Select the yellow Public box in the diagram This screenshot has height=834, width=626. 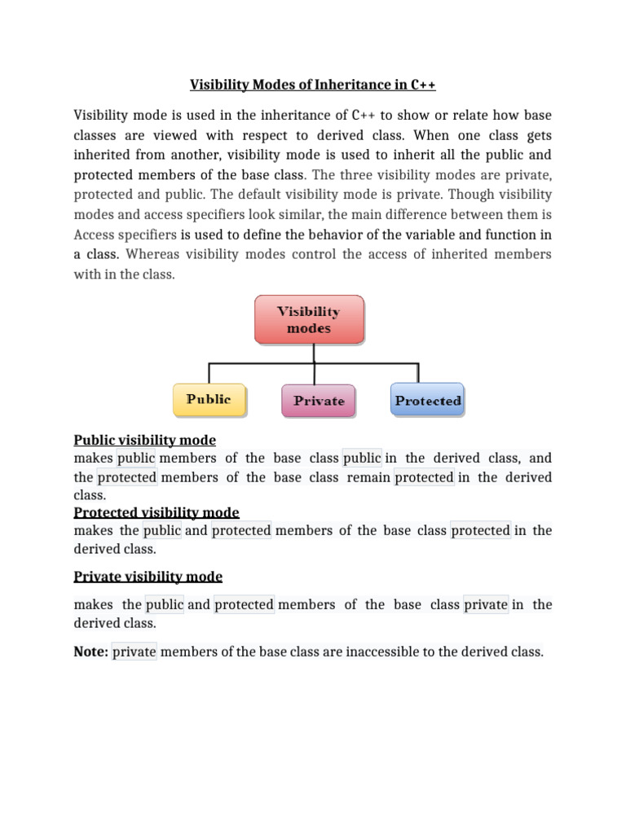click(x=209, y=400)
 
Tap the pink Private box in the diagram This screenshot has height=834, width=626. click(x=318, y=401)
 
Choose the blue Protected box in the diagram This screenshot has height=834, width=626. click(x=427, y=401)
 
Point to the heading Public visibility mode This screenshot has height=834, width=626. click(x=144, y=440)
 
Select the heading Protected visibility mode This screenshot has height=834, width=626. click(x=156, y=512)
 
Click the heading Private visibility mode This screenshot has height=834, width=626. click(x=148, y=577)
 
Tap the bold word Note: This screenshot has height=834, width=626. click(x=90, y=652)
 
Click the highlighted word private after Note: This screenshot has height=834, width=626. click(x=134, y=652)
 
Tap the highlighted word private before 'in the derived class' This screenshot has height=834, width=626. click(x=486, y=604)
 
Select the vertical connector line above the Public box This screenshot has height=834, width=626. click(x=209, y=372)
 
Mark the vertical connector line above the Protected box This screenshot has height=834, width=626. click(x=419, y=372)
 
